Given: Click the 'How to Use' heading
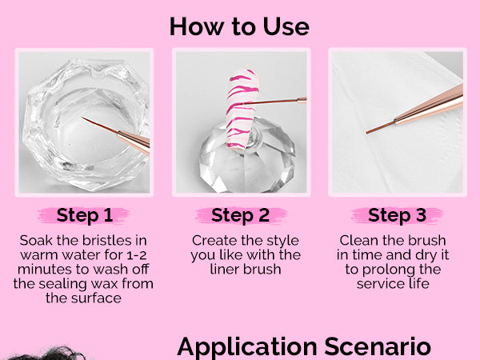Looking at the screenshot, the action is pyautogui.click(x=239, y=26).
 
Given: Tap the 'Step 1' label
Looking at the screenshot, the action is pyautogui.click(x=85, y=215).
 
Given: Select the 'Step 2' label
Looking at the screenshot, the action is pyautogui.click(x=240, y=215).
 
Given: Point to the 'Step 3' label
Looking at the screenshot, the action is pyautogui.click(x=397, y=215).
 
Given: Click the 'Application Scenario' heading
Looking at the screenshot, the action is pyautogui.click(x=304, y=347).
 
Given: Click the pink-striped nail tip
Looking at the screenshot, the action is pyautogui.click(x=242, y=109).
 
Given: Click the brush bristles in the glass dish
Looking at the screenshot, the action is pyautogui.click(x=100, y=125).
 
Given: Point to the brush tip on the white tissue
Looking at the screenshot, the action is pyautogui.click(x=380, y=127).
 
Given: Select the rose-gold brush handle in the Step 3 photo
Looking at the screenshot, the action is pyautogui.click(x=429, y=105).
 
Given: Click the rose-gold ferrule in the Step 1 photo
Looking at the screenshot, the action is pyautogui.click(x=134, y=142).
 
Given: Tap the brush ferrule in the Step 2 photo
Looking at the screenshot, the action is pyautogui.click(x=302, y=100).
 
